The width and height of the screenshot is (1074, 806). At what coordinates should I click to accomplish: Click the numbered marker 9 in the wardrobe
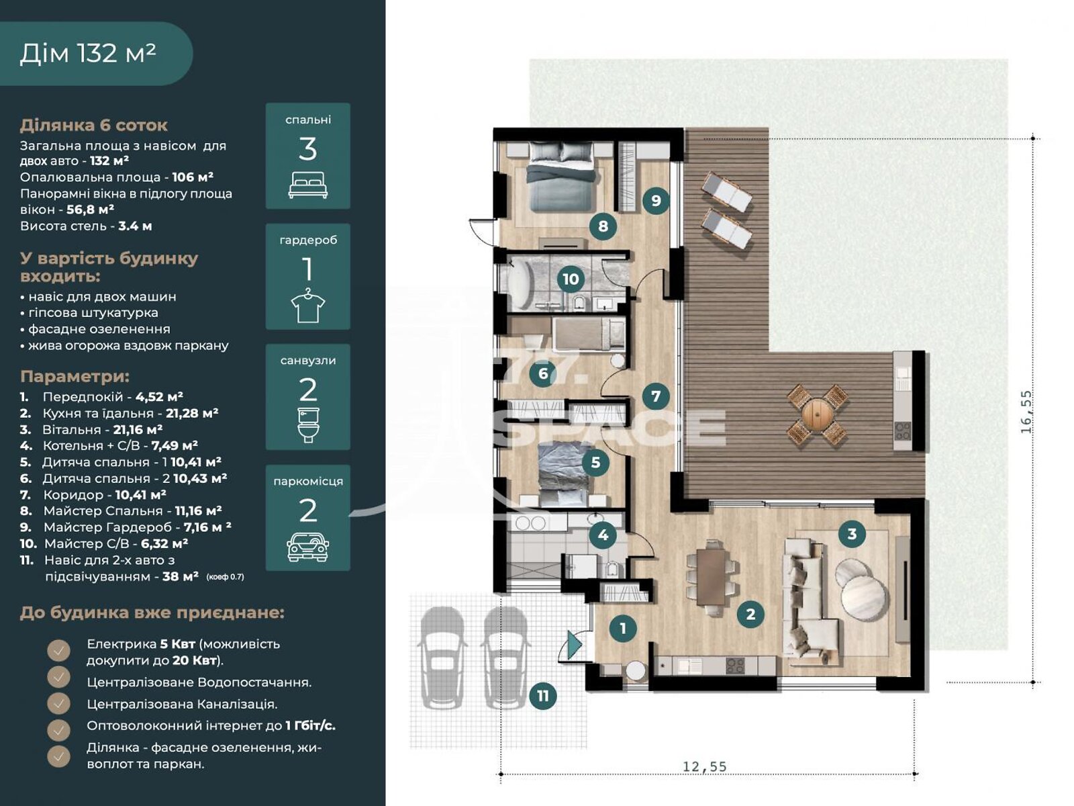[x=656, y=200]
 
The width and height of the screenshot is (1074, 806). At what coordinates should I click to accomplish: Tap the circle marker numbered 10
[x=571, y=279]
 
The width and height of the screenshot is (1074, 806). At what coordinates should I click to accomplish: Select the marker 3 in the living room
[x=852, y=534]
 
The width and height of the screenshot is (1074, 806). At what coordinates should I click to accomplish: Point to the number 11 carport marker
[x=543, y=695]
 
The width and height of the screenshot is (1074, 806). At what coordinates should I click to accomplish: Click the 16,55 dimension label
[x=1026, y=412]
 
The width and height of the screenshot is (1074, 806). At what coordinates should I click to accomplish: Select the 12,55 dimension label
[x=705, y=766]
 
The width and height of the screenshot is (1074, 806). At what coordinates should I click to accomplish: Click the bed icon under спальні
[x=307, y=185]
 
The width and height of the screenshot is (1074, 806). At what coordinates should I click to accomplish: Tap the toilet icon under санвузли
[x=307, y=425]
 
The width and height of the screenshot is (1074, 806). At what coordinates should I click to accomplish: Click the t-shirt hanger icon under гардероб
[x=307, y=306]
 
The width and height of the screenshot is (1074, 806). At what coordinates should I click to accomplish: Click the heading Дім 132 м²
[x=88, y=53]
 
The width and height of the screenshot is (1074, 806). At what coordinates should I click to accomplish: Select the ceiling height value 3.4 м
[x=135, y=226]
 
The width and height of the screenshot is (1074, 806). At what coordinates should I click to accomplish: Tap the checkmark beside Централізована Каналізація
[x=58, y=704]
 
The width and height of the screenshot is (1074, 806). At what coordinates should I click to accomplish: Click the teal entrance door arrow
[x=575, y=645]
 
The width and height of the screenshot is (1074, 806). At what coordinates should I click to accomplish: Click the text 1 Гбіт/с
[x=310, y=725]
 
